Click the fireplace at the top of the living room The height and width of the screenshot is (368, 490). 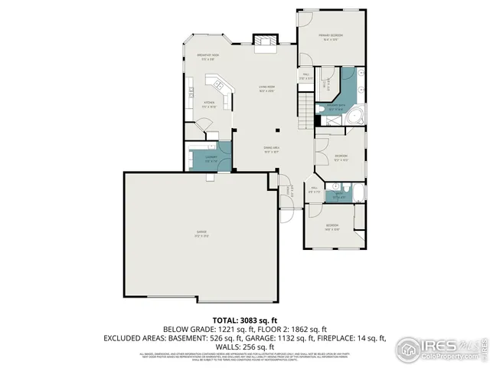pyautogui.click(x=266, y=41)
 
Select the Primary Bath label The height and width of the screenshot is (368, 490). pyautogui.click(x=336, y=107)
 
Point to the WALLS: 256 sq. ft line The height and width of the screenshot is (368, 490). pyautogui.click(x=245, y=346)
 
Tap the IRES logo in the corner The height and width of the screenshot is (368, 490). pyautogui.click(x=439, y=348)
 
